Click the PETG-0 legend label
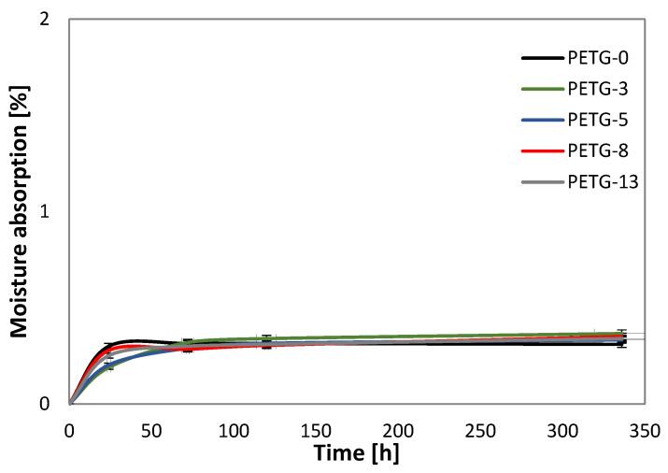point(598,59)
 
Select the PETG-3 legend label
point(598,89)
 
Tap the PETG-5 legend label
point(598,120)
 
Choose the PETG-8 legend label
point(598,150)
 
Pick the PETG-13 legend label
point(602,181)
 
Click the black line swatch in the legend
point(541,59)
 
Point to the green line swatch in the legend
point(541,89)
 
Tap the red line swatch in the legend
point(541,150)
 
